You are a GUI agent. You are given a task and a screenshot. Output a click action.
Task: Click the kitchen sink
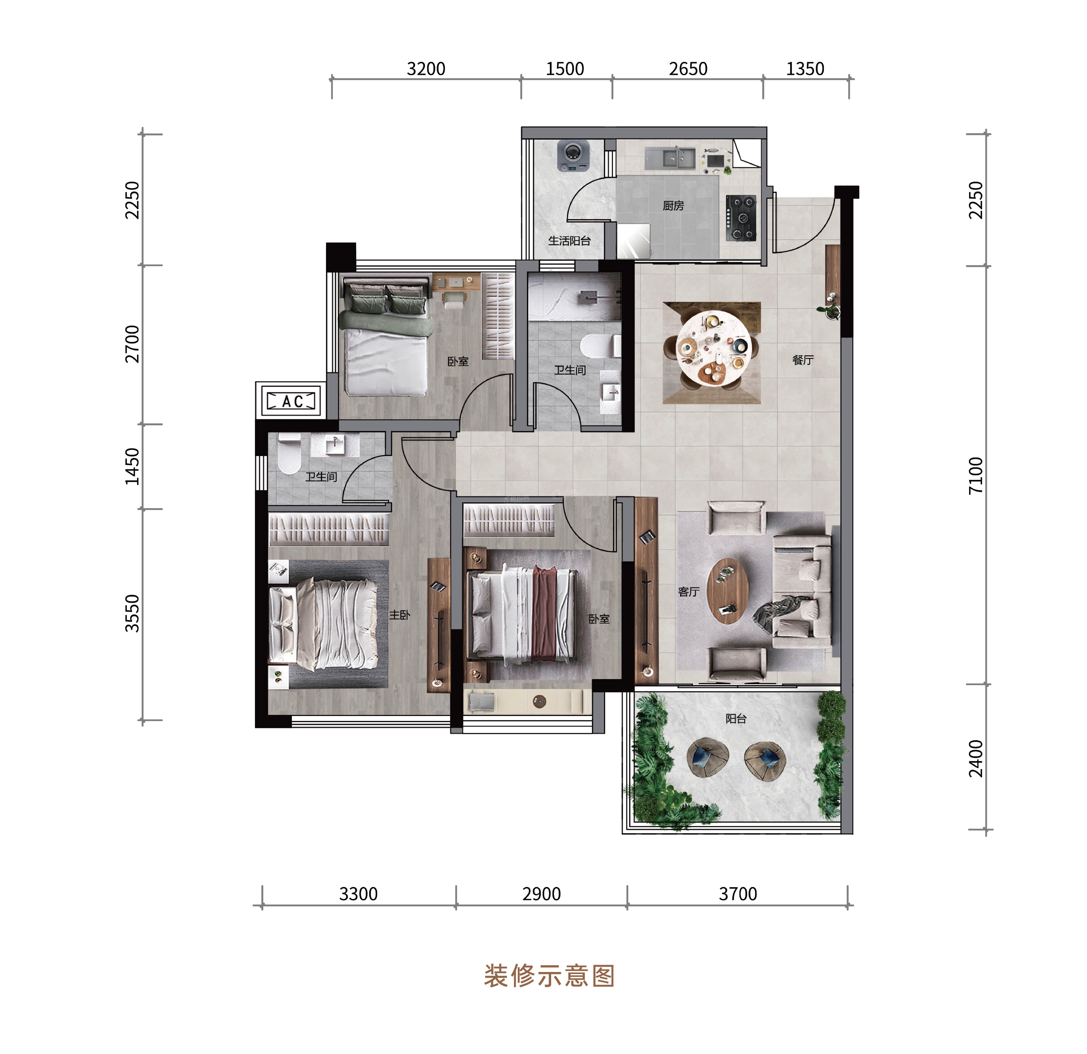[x=670, y=158]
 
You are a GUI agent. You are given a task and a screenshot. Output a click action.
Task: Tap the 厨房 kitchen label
[x=673, y=206]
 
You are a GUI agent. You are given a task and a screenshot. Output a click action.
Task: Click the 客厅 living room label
[x=689, y=592]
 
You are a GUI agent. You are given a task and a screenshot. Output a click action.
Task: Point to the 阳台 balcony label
[x=736, y=718]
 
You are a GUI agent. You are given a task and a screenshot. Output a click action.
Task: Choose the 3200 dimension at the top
[x=426, y=69]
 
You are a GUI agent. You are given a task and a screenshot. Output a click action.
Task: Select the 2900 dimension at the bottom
[x=541, y=894]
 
